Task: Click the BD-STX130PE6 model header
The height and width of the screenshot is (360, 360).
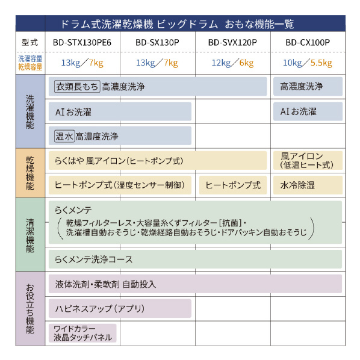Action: [82, 43]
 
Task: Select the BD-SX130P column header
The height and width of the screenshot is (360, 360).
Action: [157, 43]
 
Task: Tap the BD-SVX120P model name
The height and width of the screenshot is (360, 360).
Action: [232, 43]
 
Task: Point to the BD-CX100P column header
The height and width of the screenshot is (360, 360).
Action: [308, 43]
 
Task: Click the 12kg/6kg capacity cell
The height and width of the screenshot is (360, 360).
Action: [232, 63]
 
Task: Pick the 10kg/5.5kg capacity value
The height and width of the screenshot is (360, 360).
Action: [308, 63]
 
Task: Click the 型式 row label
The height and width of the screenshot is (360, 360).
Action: [30, 43]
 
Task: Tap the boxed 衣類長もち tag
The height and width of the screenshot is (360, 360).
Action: [77, 87]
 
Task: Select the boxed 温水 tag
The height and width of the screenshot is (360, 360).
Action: [64, 137]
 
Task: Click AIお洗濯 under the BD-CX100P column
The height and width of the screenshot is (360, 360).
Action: [308, 111]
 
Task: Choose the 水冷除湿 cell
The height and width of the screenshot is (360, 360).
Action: [308, 185]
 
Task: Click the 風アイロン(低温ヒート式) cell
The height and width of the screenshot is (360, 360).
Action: [308, 161]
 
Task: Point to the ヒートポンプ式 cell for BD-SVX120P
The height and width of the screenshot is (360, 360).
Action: [233, 185]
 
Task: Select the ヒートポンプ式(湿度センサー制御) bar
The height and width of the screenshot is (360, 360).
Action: [120, 185]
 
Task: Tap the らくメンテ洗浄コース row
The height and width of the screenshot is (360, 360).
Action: [195, 259]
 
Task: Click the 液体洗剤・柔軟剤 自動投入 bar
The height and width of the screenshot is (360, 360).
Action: [195, 284]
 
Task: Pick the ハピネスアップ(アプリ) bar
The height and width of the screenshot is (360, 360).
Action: [120, 308]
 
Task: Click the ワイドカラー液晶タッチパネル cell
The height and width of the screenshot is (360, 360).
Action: [82, 333]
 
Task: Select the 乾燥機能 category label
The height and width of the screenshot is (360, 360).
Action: [30, 173]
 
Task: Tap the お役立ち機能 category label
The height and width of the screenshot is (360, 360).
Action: [30, 308]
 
